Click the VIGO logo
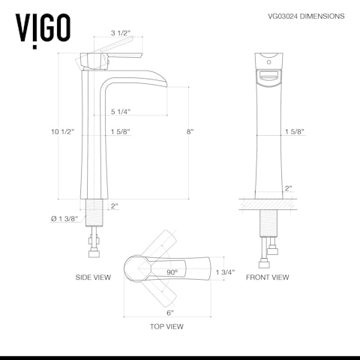(x=43, y=27)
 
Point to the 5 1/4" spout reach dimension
(x=120, y=111)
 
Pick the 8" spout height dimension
(x=190, y=132)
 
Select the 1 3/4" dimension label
(x=224, y=271)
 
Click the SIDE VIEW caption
(x=93, y=277)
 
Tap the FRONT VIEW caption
(x=267, y=277)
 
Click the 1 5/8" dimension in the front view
(x=294, y=132)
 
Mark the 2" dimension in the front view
(x=287, y=189)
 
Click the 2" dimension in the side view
(x=115, y=205)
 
